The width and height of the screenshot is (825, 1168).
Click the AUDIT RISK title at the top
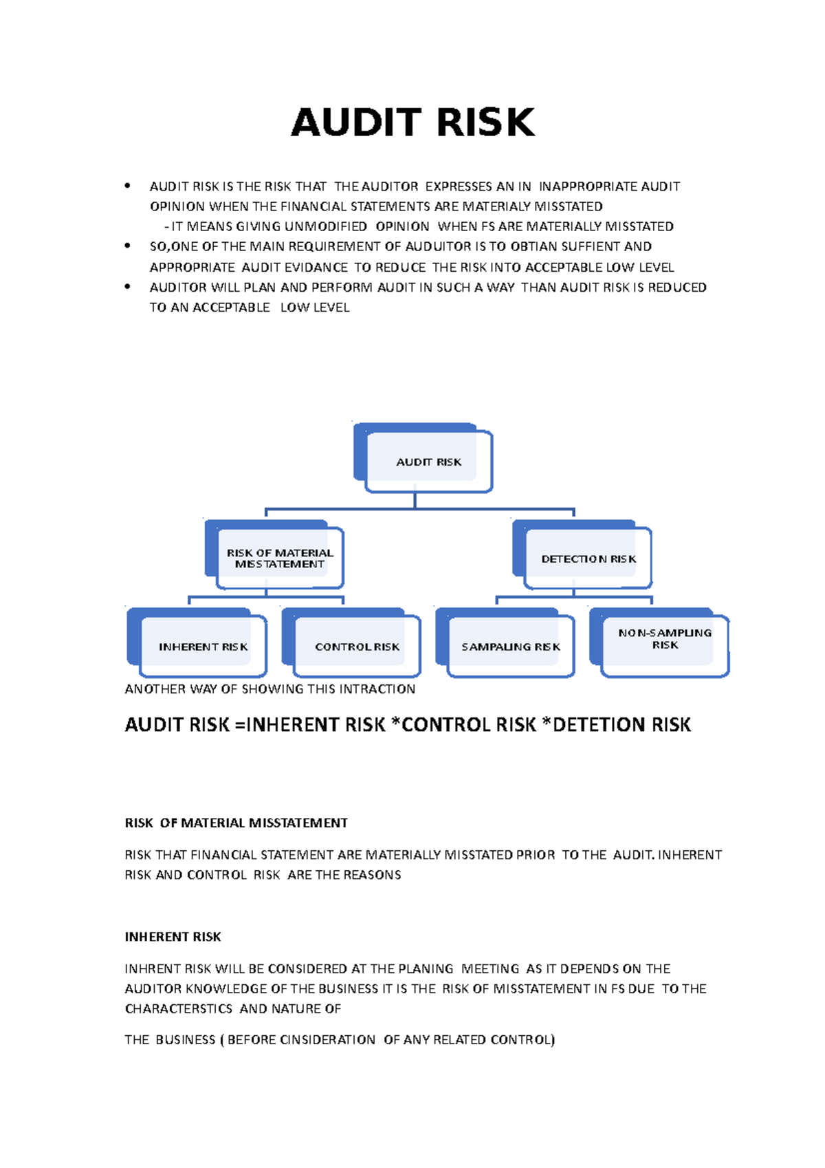pyautogui.click(x=412, y=122)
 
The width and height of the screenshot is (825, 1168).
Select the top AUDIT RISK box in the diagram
pyautogui.click(x=428, y=462)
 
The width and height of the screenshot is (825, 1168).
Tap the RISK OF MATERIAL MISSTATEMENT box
pyautogui.click(x=280, y=558)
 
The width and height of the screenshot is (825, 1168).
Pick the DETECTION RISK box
pyautogui.click(x=588, y=559)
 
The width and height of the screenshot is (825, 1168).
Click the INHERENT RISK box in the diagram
pyautogui.click(x=203, y=647)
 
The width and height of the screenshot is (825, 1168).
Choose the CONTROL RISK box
pyautogui.click(x=357, y=647)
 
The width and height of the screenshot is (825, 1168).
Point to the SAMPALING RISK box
pyautogui.click(x=510, y=647)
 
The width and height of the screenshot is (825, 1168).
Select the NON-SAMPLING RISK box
pyautogui.click(x=664, y=639)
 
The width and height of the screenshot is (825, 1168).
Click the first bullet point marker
pyautogui.click(x=127, y=186)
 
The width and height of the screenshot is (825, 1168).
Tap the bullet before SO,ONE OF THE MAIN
pyautogui.click(x=127, y=246)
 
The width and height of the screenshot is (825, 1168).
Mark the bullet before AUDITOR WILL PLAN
pyautogui.click(x=127, y=286)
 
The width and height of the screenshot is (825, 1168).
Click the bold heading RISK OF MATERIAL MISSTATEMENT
pyautogui.click(x=236, y=823)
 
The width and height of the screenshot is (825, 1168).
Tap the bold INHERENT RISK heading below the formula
pyautogui.click(x=173, y=937)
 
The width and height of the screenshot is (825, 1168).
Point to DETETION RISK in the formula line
pyautogui.click(x=621, y=725)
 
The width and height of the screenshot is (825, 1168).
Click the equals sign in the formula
pyautogui.click(x=239, y=725)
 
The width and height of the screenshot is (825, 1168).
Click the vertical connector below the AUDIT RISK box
pyautogui.click(x=415, y=499)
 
